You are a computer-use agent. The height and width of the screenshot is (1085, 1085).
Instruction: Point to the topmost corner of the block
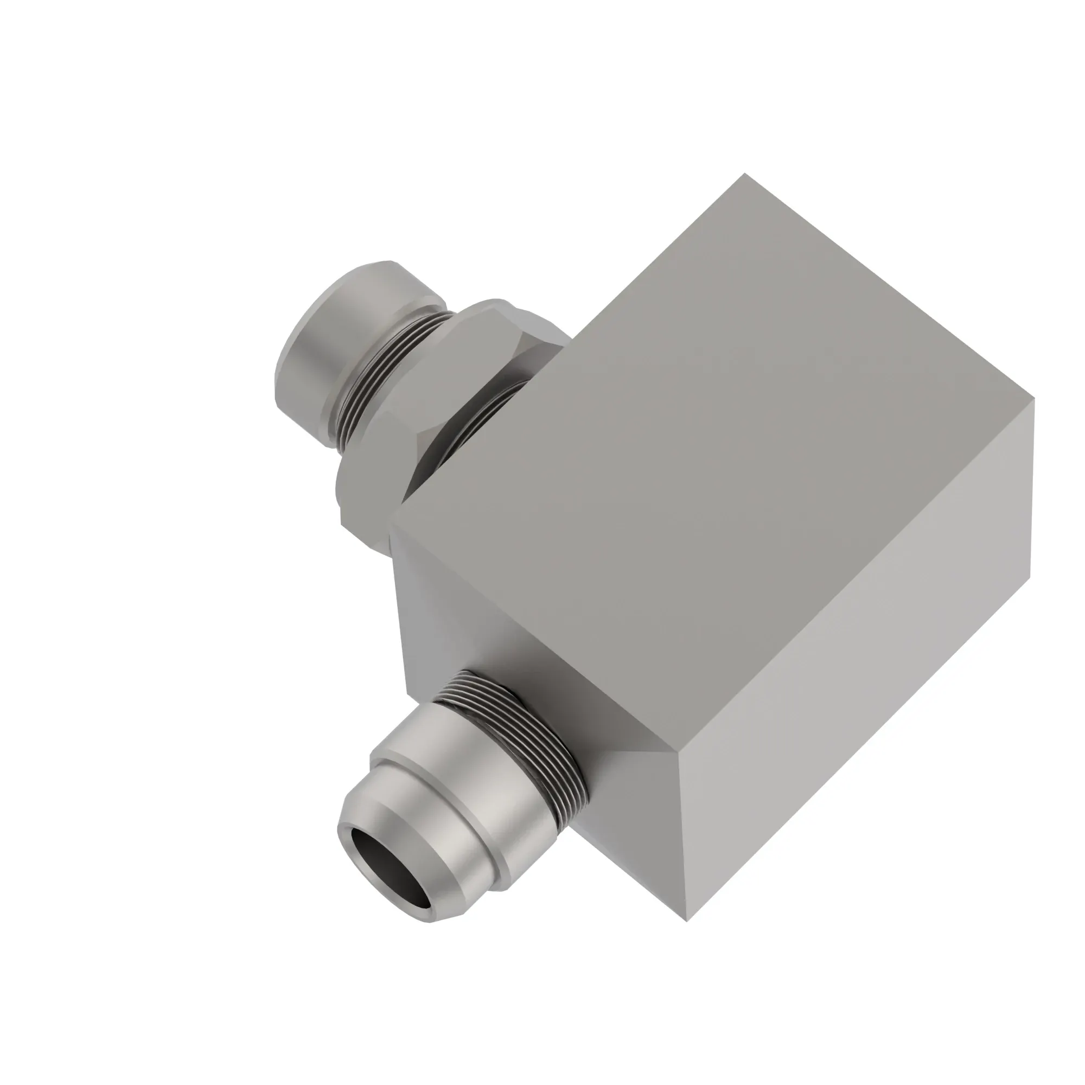pos(745,174)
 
